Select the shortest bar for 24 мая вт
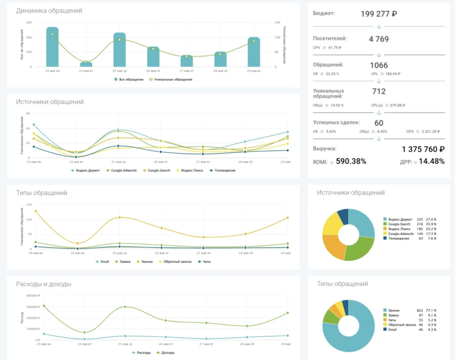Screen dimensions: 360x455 coord(86,64)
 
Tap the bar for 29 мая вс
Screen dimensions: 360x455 coord(254,52)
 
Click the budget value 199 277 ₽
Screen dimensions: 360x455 coord(379,14)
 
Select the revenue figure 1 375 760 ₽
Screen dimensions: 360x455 coord(423,149)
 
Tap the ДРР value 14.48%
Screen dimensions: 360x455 coord(432,161)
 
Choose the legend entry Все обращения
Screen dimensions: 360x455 coord(131,79)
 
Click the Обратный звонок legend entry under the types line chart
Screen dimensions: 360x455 coord(177,262)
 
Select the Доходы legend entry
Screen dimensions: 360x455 coord(167,353)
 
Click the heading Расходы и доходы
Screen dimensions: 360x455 coord(44,284)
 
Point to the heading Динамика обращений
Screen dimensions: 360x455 coord(49,11)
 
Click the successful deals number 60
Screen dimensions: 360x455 coord(379,123)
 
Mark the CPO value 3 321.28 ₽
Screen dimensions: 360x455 coord(431,131)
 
